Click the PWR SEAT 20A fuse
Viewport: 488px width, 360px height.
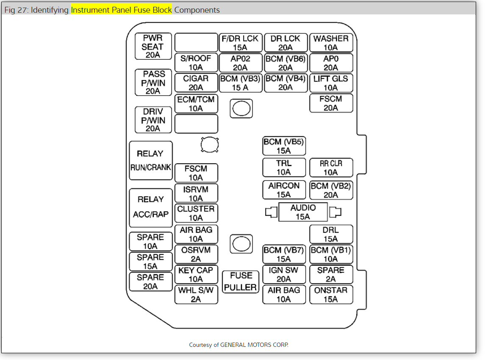152,46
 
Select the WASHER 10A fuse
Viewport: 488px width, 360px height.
331,42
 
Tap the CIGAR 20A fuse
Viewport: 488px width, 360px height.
196,83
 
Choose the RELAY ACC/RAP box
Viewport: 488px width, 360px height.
151,208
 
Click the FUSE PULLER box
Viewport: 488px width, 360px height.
241,282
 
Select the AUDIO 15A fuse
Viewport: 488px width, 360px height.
303,212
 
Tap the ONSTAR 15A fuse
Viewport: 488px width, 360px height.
331,295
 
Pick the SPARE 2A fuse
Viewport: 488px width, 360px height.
331,274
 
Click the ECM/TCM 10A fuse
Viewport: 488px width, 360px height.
196,103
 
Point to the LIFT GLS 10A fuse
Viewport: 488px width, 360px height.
331,83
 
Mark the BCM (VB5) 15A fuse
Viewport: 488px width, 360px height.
284,146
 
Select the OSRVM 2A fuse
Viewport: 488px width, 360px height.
196,254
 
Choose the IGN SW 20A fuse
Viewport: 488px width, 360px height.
284,274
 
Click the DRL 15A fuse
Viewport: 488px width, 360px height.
331,234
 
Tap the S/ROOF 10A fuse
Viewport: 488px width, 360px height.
196,62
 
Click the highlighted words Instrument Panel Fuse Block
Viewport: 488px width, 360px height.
121,10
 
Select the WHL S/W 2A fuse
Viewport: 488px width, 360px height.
196,295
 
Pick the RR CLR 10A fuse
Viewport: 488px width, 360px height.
331,168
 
